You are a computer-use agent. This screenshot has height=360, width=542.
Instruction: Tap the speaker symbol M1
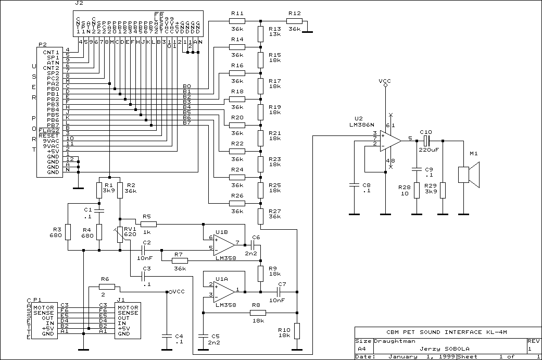pyautogui.click(x=468, y=175)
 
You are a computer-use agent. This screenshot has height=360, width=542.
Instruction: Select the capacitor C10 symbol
pyautogui.click(x=426, y=141)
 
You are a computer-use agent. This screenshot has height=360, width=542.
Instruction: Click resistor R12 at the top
pyautogui.click(x=294, y=21)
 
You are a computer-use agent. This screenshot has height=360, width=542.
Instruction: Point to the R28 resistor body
pyautogui.click(x=417, y=190)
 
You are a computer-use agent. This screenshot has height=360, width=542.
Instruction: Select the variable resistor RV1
pyautogui.click(x=120, y=234)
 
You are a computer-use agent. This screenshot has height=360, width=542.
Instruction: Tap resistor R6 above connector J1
pyautogui.click(x=107, y=287)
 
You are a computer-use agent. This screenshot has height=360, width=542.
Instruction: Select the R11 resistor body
pyautogui.click(x=237, y=21)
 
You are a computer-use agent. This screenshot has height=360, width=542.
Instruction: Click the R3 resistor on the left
pyautogui.click(x=68, y=232)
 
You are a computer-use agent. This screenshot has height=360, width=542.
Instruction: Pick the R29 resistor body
pyautogui.click(x=443, y=190)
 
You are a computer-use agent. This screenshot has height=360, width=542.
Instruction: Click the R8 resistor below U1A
pyautogui.click(x=257, y=313)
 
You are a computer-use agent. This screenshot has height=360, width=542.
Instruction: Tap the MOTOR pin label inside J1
pyautogui.click(x=128, y=308)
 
